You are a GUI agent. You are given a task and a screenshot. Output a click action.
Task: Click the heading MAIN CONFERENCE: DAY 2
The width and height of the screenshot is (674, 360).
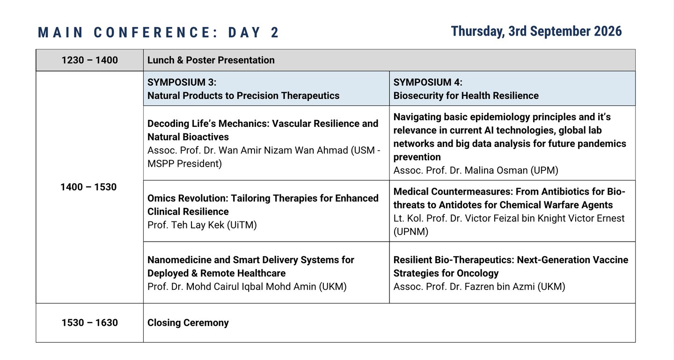point(159,32)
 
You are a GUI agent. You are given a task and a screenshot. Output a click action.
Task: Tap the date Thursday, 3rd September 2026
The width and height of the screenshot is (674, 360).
point(536,32)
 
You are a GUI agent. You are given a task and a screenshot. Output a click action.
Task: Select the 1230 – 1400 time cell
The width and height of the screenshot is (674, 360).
point(90,60)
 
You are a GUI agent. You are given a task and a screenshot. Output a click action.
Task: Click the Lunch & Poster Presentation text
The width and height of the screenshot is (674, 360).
point(211,60)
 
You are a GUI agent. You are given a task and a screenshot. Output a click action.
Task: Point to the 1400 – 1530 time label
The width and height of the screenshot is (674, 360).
point(88,187)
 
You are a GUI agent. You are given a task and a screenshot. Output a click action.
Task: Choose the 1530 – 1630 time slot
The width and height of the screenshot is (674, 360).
point(90,323)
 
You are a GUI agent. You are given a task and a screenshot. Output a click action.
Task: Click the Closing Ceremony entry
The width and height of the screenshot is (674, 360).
point(188,323)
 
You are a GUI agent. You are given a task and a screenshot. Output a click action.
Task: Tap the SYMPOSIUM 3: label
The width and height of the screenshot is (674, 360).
point(182,82)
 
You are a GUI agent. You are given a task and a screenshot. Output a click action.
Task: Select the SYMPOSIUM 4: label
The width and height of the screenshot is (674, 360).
point(428,82)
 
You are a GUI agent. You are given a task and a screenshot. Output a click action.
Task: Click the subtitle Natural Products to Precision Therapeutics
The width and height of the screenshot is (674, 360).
point(243,96)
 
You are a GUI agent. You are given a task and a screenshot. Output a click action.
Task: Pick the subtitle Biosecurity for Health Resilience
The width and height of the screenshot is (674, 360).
point(466,96)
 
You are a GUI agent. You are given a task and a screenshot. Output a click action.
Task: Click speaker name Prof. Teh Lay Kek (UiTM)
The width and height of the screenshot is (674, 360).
point(202,225)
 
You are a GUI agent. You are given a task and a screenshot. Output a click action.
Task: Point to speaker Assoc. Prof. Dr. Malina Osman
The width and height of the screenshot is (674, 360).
point(461,170)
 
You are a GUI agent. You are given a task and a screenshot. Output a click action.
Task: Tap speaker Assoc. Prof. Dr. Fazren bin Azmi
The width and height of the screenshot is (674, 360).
point(464,287)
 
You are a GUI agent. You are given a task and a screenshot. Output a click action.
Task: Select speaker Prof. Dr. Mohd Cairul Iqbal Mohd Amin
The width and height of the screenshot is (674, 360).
point(232,287)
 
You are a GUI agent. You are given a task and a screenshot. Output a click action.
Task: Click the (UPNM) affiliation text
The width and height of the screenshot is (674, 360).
point(411,232)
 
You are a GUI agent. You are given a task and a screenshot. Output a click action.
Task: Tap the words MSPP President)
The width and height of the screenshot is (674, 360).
point(184,164)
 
